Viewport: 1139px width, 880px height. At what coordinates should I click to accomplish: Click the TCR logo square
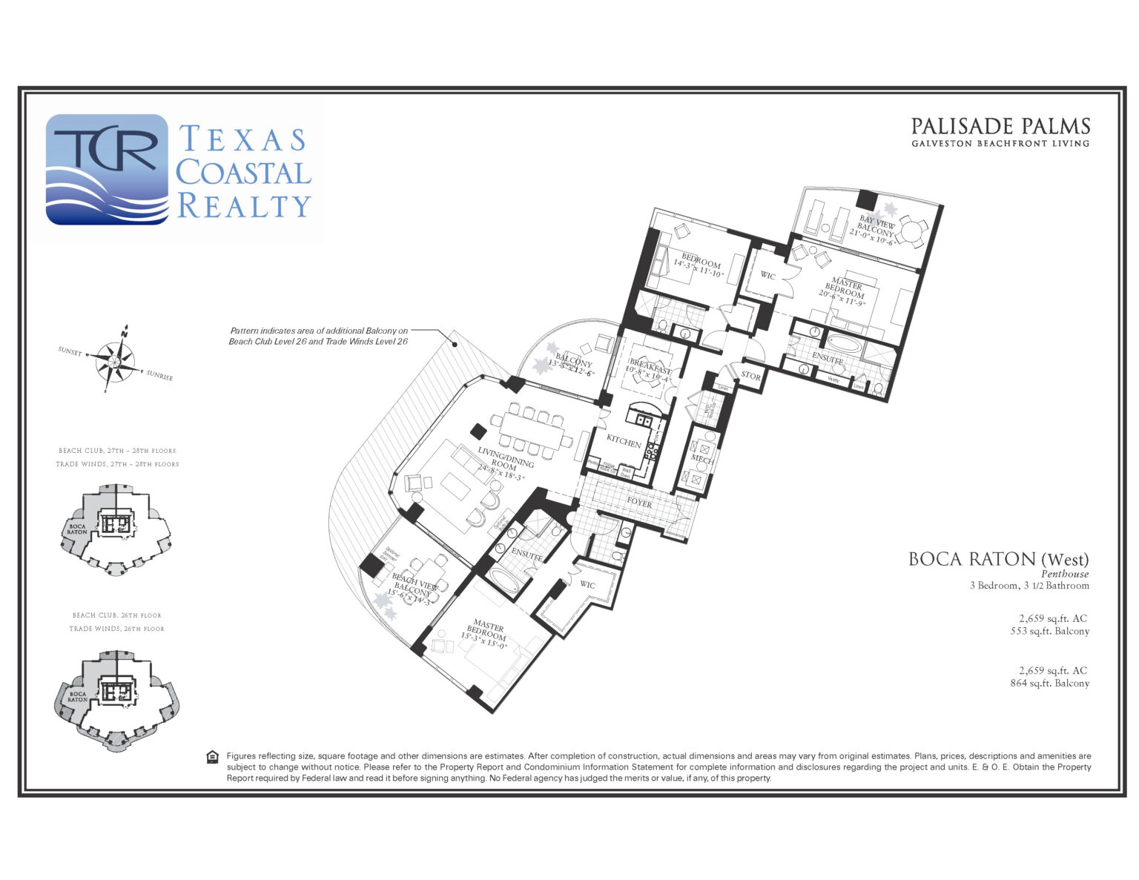[107, 169]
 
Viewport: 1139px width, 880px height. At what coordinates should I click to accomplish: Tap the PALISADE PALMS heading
[1000, 126]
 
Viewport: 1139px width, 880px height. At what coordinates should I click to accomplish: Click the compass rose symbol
[114, 361]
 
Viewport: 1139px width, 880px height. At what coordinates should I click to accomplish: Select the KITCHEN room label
[624, 442]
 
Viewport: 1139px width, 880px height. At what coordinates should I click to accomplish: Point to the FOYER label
[639, 503]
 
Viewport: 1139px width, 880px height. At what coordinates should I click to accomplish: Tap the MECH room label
[701, 460]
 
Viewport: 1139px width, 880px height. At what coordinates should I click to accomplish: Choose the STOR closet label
[750, 376]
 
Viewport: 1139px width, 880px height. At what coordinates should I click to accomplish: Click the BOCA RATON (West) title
[998, 559]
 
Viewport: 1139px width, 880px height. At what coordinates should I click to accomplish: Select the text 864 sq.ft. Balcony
[1049, 683]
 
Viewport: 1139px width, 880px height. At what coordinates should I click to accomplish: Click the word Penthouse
[1064, 573]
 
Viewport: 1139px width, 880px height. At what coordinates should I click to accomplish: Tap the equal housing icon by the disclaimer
[213, 757]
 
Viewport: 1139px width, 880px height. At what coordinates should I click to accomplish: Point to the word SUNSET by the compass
[70, 351]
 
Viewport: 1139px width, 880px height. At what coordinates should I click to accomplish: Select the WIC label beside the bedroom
[767, 276]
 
